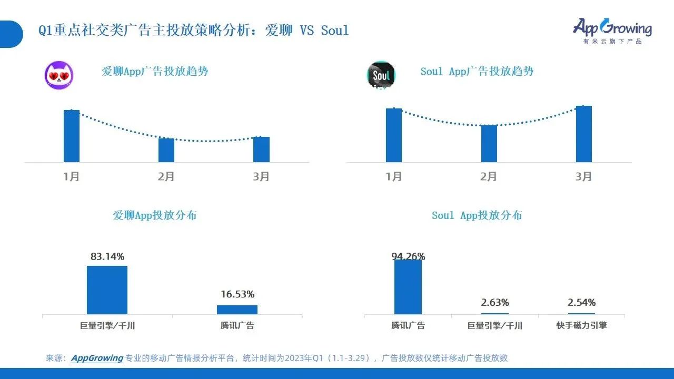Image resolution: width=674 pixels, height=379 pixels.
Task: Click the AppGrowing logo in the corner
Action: click(x=612, y=30)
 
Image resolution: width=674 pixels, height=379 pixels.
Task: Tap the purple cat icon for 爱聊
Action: click(x=59, y=75)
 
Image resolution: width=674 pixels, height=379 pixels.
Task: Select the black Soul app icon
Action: click(x=381, y=75)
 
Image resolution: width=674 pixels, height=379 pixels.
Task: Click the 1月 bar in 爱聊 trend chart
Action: click(x=72, y=136)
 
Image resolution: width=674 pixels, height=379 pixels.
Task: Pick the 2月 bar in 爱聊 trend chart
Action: click(x=166, y=150)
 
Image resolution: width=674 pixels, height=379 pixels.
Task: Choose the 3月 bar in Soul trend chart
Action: click(x=583, y=134)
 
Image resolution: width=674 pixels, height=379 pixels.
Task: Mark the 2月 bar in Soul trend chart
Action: click(x=489, y=143)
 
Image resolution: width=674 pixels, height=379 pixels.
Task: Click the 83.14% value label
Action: click(x=107, y=257)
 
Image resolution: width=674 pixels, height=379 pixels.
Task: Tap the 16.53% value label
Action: click(x=237, y=294)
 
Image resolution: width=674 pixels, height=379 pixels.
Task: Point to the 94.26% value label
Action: click(x=408, y=257)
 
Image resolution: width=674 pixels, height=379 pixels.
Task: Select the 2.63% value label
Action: click(x=495, y=303)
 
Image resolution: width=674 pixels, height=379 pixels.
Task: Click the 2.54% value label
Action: click(x=581, y=303)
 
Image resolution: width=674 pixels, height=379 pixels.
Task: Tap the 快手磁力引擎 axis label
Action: click(x=581, y=325)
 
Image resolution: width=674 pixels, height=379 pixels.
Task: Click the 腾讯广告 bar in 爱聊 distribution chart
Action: click(x=237, y=310)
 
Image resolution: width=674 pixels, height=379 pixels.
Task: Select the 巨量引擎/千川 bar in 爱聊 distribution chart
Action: click(x=107, y=290)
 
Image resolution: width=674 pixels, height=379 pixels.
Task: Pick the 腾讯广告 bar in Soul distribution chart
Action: click(x=408, y=287)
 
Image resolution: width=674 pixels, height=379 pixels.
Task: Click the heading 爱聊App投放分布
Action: click(x=155, y=215)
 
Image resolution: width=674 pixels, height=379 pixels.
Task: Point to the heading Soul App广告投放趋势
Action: click(x=477, y=72)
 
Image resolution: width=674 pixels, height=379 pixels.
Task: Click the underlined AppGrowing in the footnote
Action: click(x=97, y=358)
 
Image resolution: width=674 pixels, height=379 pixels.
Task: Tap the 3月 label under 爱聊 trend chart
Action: click(x=261, y=177)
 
